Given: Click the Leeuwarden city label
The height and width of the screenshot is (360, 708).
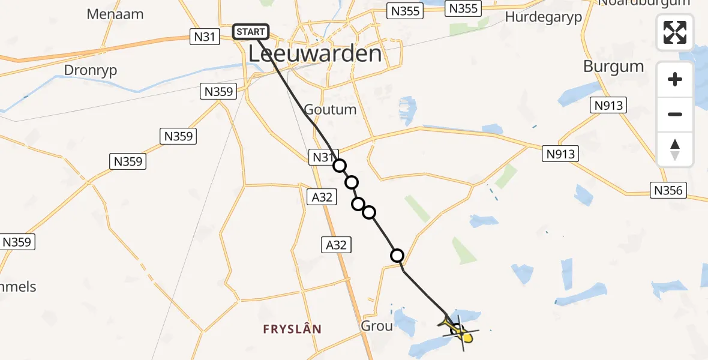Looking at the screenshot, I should click(315, 54).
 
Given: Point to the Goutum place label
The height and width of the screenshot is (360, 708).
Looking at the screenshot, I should click(330, 110).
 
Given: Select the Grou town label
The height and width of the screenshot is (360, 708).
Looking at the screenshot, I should click(377, 326).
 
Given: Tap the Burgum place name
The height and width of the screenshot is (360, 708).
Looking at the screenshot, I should click(613, 66).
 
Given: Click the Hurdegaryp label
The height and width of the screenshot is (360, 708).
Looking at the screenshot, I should click(544, 17).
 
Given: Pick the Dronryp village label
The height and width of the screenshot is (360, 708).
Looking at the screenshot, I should click(91, 70).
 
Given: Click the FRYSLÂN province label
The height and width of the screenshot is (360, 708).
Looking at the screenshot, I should click(292, 329).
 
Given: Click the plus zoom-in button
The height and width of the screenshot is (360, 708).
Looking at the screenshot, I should click(675, 79).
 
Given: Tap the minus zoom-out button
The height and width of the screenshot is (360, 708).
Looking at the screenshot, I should click(675, 114).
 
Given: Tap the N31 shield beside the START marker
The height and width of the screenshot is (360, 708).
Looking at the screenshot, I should click(204, 37).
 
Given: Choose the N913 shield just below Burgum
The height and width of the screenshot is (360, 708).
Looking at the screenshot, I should click(610, 106).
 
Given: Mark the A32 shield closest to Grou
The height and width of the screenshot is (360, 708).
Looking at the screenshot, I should click(336, 244).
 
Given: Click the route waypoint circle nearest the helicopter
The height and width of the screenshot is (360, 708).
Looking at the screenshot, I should click(397, 256).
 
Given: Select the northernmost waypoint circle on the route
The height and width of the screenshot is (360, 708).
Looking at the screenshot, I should click(340, 166).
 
